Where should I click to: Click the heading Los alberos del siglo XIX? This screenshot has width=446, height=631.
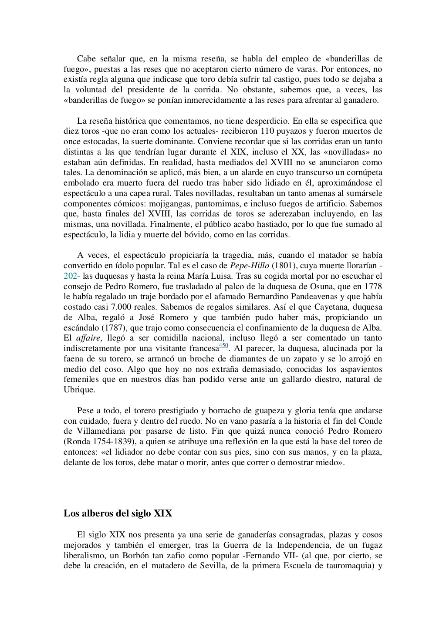pos(118,513)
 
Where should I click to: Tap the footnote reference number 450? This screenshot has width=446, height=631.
pos(223,346)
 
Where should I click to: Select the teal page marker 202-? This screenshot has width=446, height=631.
pos(72,276)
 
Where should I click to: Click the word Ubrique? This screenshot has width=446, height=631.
pos(79,390)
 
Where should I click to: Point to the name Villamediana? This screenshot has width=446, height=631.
pos(102,432)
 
